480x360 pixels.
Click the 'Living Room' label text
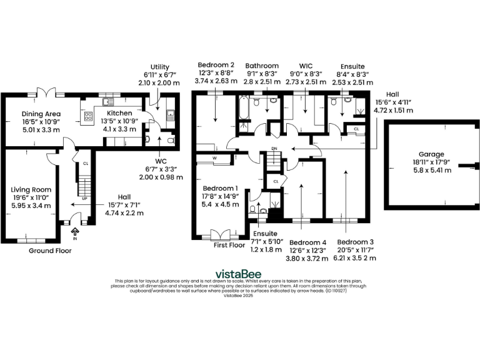click(x=31, y=189)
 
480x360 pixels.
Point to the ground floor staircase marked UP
click(x=83, y=187)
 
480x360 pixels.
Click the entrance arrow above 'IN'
click(x=76, y=231)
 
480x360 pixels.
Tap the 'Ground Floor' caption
click(x=50, y=251)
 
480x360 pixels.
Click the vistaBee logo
click(x=239, y=274)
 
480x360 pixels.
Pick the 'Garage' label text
click(x=432, y=154)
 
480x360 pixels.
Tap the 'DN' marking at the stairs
click(x=274, y=149)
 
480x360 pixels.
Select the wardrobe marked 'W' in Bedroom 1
click(x=214, y=159)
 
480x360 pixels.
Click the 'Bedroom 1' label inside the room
click(x=219, y=188)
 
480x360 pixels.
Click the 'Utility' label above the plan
click(x=160, y=67)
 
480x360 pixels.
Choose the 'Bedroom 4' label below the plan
click(x=307, y=242)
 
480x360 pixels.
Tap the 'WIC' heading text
click(x=306, y=65)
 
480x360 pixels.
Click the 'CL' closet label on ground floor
click(x=86, y=164)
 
